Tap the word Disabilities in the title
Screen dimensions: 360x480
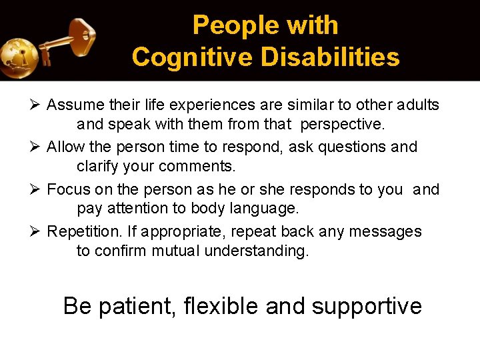[331, 57]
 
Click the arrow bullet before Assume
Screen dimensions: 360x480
[37, 105]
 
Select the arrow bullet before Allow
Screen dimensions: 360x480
[37, 147]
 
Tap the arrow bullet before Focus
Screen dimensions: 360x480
[37, 189]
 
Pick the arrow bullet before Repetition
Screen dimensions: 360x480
[37, 231]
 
